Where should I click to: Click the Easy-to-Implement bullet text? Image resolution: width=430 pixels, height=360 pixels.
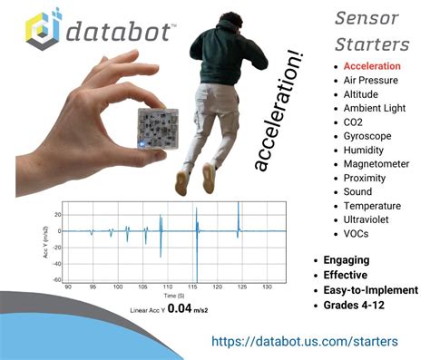(x=370, y=290)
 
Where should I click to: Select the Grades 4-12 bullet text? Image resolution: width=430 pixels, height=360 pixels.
(x=360, y=305)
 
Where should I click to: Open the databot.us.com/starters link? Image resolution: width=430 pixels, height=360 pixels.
(x=304, y=342)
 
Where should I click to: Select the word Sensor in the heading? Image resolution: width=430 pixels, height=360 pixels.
(x=363, y=18)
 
